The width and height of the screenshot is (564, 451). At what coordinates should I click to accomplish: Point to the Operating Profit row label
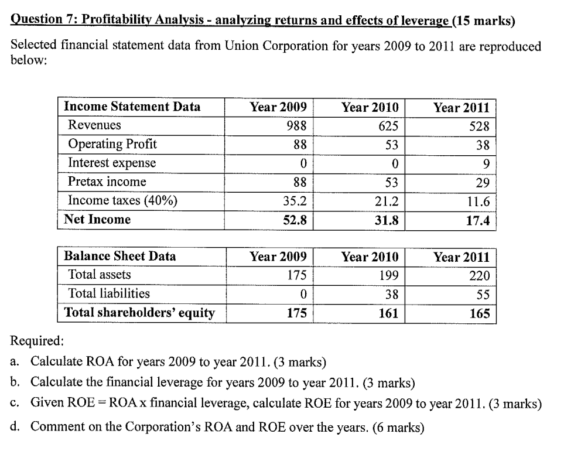pos(112,144)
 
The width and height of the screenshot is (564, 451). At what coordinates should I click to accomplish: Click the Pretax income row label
pos(107,182)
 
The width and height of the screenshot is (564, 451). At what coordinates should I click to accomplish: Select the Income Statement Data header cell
pos(132,107)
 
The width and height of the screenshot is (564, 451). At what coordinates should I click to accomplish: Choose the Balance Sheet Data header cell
pos(119,257)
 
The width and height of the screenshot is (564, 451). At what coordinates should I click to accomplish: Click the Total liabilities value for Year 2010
pos(391,294)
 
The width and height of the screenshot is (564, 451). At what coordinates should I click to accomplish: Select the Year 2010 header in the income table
pos(370,107)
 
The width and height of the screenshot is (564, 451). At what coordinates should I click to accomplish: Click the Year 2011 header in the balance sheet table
pos(462,257)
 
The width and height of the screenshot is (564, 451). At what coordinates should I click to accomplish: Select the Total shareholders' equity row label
pos(139,313)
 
